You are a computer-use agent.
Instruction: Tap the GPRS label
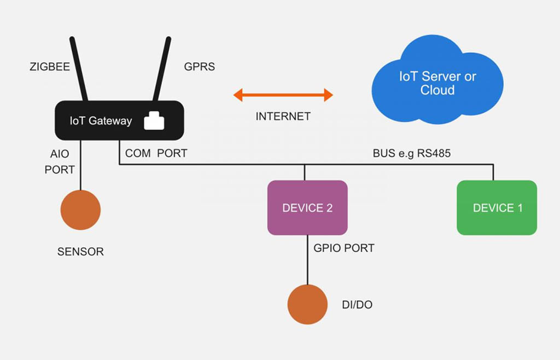coord(199,67)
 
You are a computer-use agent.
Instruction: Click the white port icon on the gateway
coord(154,121)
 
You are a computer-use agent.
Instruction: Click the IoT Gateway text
coord(101,121)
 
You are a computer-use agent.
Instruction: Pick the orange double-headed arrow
coord(283,95)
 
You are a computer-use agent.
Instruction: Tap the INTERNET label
coord(283,117)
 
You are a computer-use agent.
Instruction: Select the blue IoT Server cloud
coord(437,82)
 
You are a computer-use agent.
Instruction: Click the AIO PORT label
coord(60,162)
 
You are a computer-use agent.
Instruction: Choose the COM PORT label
coord(156,154)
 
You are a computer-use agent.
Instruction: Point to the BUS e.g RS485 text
coord(411,154)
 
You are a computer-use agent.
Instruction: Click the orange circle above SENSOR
coord(80,210)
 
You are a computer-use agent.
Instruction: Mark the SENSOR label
coord(80,252)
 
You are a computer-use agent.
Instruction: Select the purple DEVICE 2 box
coord(307,208)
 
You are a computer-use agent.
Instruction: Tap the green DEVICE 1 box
coord(497,208)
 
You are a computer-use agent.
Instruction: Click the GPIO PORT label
coord(344,248)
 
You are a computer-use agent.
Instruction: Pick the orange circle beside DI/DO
coord(307,305)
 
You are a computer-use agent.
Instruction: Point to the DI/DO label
coord(357,305)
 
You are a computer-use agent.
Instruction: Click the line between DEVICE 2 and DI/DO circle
coord(307,260)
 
